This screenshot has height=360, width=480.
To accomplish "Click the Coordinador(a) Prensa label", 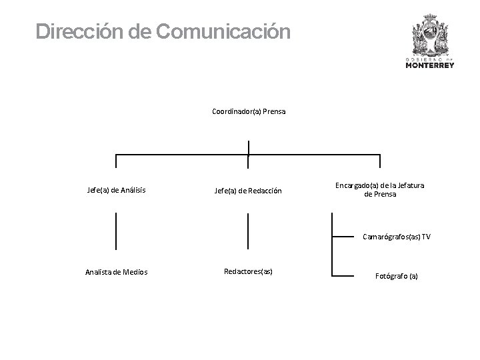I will pos(249,111).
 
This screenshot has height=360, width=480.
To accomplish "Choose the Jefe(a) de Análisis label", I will pos(117,191).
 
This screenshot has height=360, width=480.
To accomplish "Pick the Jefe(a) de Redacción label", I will pos(248,191).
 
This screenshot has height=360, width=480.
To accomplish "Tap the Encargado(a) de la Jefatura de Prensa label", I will pos(380,189).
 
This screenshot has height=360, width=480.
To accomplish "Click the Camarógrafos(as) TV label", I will pos(396,236).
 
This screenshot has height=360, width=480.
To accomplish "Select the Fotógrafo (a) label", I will pos(397,275).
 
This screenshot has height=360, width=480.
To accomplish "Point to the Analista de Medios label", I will pos(117,271).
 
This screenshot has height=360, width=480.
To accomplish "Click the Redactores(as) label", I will pos(248,271).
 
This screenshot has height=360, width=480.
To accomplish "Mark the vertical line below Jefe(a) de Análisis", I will pos(117,231).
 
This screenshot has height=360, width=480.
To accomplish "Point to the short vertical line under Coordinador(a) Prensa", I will pos(248,148).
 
